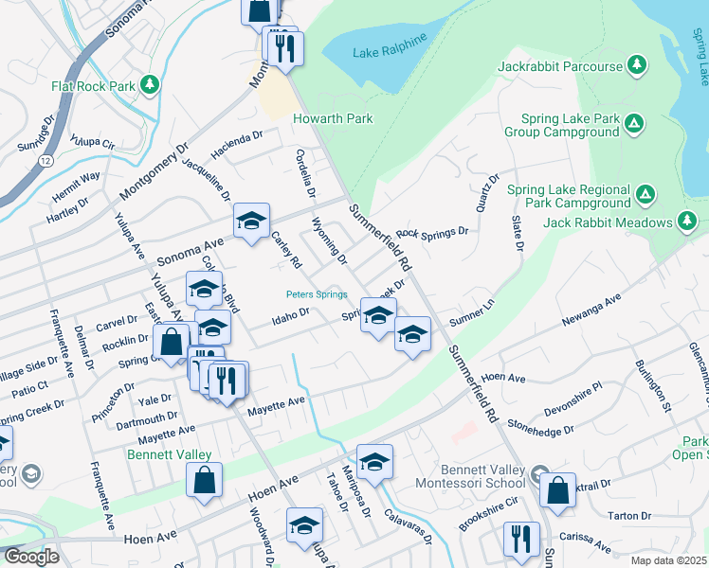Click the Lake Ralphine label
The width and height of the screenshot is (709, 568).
[390, 52]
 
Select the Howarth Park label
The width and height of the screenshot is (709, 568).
[333, 118]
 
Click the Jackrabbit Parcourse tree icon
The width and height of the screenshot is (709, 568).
[638, 66]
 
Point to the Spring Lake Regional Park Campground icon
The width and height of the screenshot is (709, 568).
[645, 195]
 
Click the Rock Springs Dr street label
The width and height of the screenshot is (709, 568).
[433, 232]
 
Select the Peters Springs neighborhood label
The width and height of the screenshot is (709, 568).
[317, 294]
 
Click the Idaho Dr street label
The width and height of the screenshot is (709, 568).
[293, 311]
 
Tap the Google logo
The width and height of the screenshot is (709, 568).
[30, 557]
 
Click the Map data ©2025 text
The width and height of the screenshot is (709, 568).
[667, 560]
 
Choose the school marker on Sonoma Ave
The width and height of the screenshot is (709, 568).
[251, 222]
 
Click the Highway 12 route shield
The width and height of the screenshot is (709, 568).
[46, 162]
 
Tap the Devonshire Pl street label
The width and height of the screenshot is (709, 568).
[573, 397]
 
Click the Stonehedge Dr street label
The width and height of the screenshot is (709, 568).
[541, 428]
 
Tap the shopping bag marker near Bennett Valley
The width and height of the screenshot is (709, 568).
[205, 481]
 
